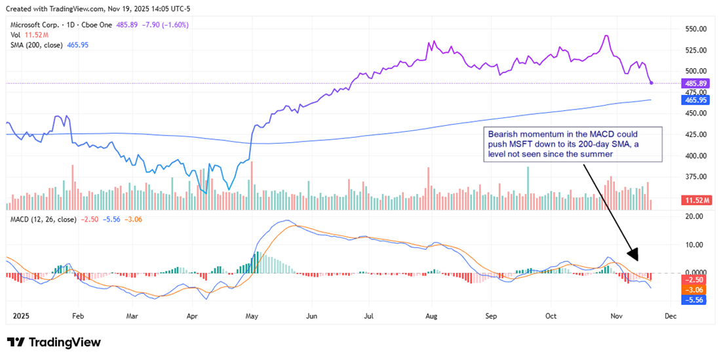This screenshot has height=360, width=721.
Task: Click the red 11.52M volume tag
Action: [x=697, y=199]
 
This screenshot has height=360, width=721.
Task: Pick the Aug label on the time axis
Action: [x=430, y=315]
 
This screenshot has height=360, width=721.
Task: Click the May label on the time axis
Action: [x=252, y=315]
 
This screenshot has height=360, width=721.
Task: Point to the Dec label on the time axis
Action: [x=669, y=315]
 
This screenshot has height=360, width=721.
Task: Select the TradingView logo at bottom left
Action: [x=54, y=342]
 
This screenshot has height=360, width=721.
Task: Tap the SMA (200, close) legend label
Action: [x=36, y=45]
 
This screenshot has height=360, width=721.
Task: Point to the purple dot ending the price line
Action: [x=651, y=83]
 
